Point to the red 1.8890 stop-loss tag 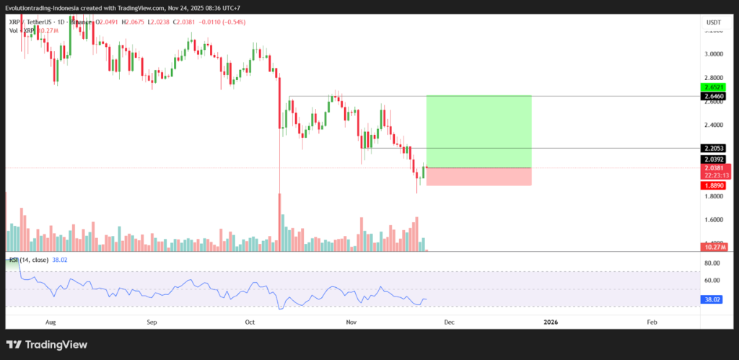pyautogui.click(x=712, y=185)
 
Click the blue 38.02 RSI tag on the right pyautogui.click(x=712, y=299)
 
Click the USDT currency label pyautogui.click(x=712, y=23)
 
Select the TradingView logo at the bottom pyautogui.click(x=47, y=345)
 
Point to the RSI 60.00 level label pyautogui.click(x=712, y=281)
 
